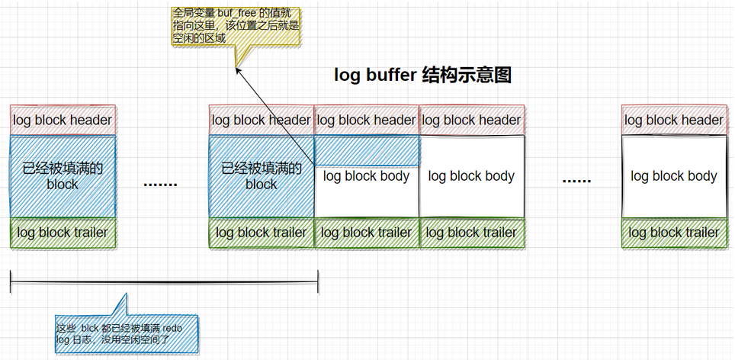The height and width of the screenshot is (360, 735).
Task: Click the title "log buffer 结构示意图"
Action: pos(422,76)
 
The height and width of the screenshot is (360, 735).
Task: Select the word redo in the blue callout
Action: pos(172,327)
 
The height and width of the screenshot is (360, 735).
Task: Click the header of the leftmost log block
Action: pos(63,120)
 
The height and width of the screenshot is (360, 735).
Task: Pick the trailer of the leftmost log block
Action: pos(63,233)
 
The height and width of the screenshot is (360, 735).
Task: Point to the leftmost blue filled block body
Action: pos(63,176)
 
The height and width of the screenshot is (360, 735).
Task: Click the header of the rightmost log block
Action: pos(674,120)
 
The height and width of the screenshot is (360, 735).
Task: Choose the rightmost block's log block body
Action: pos(674,176)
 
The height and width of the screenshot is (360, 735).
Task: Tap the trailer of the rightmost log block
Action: pos(674,233)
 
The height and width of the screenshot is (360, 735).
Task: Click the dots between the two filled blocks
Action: pos(160,183)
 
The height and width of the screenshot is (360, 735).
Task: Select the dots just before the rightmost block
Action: pos(576,180)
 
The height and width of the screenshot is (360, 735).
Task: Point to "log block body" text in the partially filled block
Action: pos(367,177)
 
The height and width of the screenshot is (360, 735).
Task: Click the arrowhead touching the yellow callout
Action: pos(237,69)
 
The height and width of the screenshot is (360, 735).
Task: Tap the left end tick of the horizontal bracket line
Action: pos(11,281)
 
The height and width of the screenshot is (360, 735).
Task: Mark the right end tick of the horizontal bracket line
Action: pos(317,281)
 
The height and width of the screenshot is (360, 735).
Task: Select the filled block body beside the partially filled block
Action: pos(262,176)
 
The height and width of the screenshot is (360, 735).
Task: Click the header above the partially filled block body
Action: pos(367,120)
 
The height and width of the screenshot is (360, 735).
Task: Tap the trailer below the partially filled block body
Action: pos(367,233)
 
